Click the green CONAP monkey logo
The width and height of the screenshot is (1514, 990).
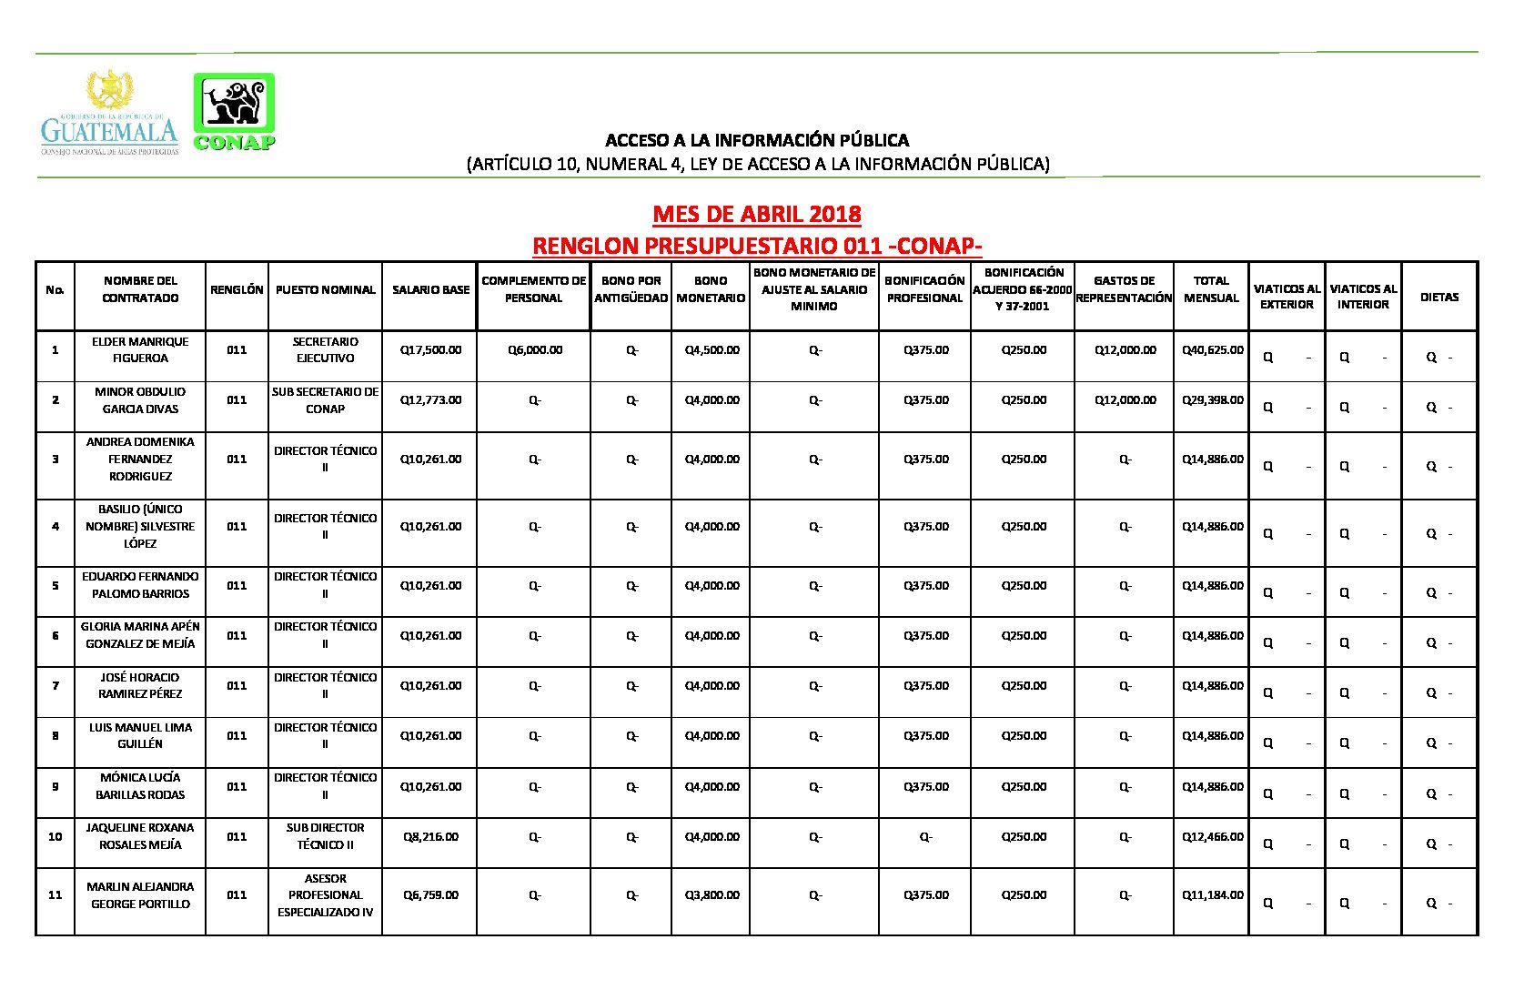click(x=234, y=111)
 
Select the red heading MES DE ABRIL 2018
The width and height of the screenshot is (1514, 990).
click(x=756, y=214)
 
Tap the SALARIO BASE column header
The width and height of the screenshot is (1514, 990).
click(x=430, y=290)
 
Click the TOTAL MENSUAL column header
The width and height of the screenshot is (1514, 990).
click(x=1211, y=289)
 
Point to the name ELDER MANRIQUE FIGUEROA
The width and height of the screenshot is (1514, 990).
click(x=140, y=350)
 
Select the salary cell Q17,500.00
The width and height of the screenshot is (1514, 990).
click(x=430, y=350)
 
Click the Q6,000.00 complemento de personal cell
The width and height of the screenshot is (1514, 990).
click(x=535, y=350)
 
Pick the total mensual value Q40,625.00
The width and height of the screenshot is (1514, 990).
click(x=1212, y=350)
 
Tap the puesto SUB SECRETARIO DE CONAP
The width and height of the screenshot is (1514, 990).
click(x=325, y=400)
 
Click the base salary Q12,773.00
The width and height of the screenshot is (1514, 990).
click(x=430, y=400)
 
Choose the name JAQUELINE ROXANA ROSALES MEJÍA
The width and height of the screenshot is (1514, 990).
click(x=140, y=836)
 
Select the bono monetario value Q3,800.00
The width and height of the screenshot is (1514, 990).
click(x=712, y=895)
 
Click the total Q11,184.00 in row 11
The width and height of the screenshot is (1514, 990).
click(x=1212, y=895)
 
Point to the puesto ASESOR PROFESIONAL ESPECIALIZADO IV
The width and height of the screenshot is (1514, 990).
click(x=325, y=895)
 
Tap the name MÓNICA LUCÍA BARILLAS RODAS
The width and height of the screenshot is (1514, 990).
click(x=140, y=786)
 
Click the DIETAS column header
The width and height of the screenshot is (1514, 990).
click(x=1438, y=298)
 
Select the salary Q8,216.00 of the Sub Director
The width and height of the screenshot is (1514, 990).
click(x=430, y=837)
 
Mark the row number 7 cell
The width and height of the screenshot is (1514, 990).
click(x=56, y=686)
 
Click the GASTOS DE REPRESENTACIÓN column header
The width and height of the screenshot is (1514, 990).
click(x=1124, y=289)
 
